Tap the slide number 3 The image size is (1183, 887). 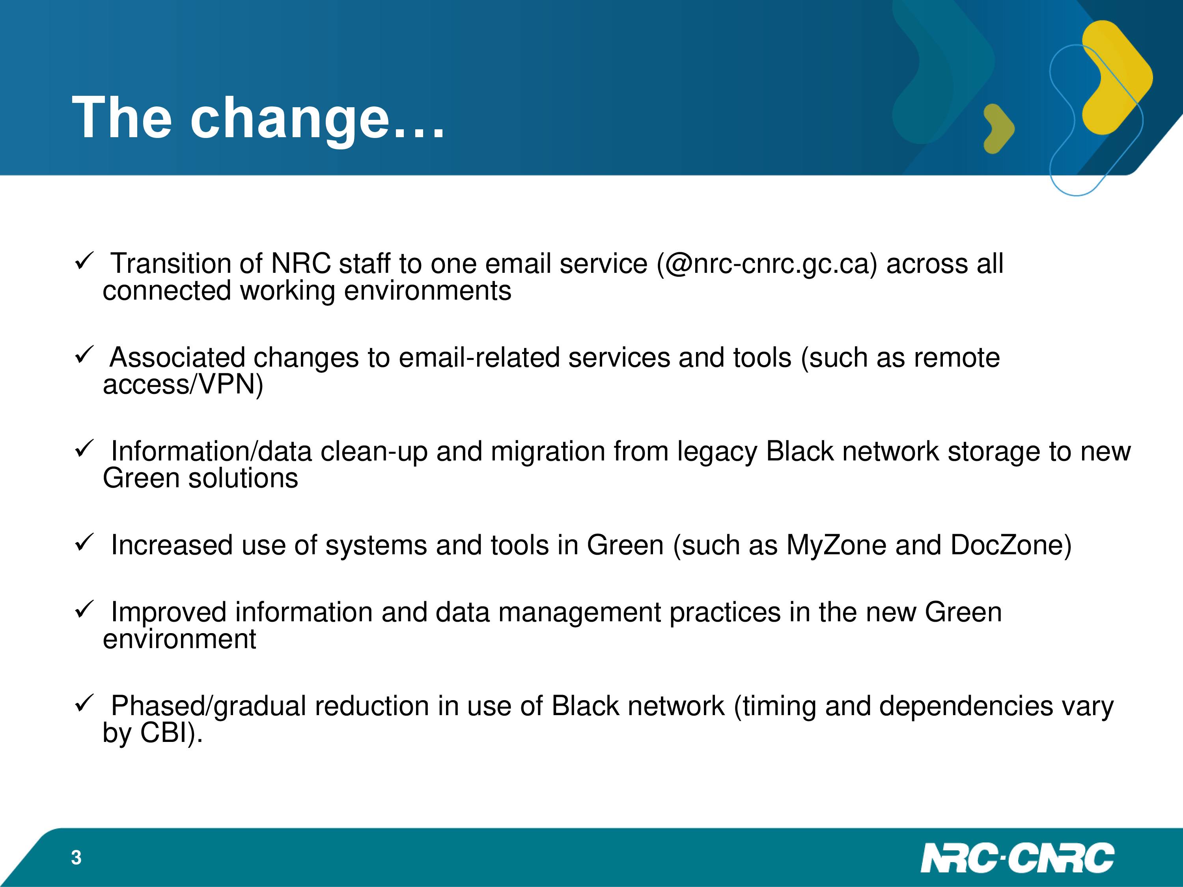pyautogui.click(x=76, y=857)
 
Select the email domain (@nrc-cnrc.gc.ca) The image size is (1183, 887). pyautogui.click(x=767, y=264)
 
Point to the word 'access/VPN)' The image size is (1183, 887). pyautogui.click(x=183, y=384)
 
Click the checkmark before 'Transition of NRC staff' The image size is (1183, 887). pyautogui.click(x=84, y=261)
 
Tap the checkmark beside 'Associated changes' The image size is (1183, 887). pyautogui.click(x=84, y=355)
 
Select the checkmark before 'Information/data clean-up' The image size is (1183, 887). pyautogui.click(x=84, y=449)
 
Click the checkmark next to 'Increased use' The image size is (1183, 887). pyautogui.click(x=84, y=543)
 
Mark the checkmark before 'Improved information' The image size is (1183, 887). pyautogui.click(x=84, y=609)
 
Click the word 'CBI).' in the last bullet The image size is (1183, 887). pyautogui.click(x=172, y=733)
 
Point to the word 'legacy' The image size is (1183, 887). pyautogui.click(x=717, y=452)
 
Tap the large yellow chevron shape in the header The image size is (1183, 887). pyautogui.click(x=1117, y=78)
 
